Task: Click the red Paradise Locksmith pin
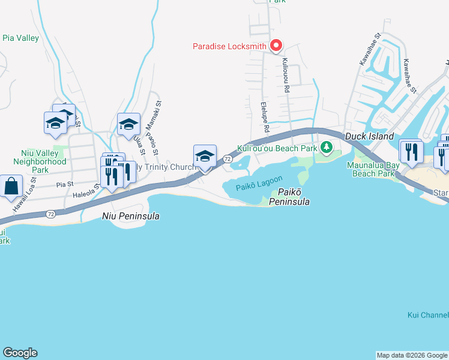point(276,46)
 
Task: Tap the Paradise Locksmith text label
point(229,46)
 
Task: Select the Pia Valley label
point(20,38)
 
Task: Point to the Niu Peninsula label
point(131,216)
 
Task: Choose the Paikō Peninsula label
point(293,197)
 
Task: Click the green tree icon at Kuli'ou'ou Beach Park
point(326,147)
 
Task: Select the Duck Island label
point(369,137)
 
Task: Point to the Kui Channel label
point(427,315)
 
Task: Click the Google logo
point(20,353)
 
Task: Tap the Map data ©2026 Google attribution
point(412,355)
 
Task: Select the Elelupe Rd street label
point(264,116)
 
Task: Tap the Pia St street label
point(65,185)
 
